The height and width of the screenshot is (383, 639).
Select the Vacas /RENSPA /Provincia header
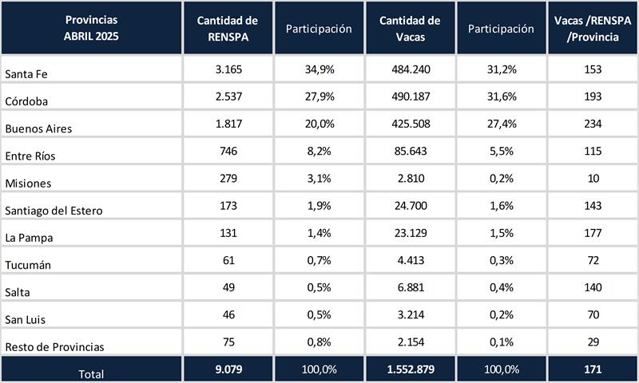coord(591,28)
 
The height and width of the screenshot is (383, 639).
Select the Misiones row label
coord(28,183)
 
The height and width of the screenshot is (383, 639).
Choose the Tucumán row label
coord(29,265)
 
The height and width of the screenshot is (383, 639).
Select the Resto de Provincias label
coord(54,347)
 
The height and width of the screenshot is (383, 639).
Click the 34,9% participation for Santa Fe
coord(319,69)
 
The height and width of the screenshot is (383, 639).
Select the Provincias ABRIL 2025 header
coord(91,28)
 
